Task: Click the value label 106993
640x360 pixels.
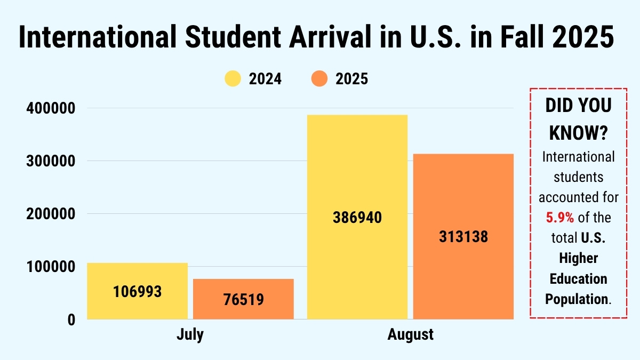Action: pyautogui.click(x=137, y=292)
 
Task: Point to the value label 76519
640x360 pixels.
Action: pyautogui.click(x=243, y=299)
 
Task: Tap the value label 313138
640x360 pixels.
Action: pyautogui.click(x=463, y=237)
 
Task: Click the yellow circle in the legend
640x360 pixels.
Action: pyautogui.click(x=233, y=79)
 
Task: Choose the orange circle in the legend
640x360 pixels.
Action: pyautogui.click(x=318, y=79)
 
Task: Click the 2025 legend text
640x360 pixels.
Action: pyautogui.click(x=351, y=79)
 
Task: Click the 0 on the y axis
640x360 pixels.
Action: pyautogui.click(x=71, y=319)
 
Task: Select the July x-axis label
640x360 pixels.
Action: pyautogui.click(x=190, y=335)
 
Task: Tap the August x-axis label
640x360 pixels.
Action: pyautogui.click(x=410, y=335)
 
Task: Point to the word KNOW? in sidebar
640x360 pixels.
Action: pyautogui.click(x=579, y=133)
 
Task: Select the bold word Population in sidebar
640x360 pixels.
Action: pyautogui.click(x=577, y=299)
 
